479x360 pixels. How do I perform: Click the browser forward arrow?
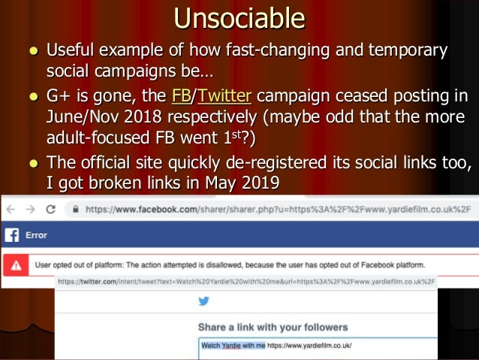pyautogui.click(x=30, y=209)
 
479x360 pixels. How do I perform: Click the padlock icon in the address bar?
pyautogui.click(x=73, y=209)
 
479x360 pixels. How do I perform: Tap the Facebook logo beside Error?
pyautogui.click(x=11, y=235)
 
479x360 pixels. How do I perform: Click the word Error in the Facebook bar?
pyautogui.click(x=36, y=235)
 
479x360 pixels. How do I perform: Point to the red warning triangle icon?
pyautogui.click(x=16, y=265)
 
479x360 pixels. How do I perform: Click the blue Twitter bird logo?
pyautogui.click(x=203, y=301)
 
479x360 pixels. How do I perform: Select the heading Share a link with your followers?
pyautogui.click(x=273, y=327)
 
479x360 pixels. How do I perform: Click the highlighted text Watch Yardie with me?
pyautogui.click(x=232, y=346)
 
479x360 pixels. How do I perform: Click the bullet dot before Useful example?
pyautogui.click(x=32, y=53)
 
